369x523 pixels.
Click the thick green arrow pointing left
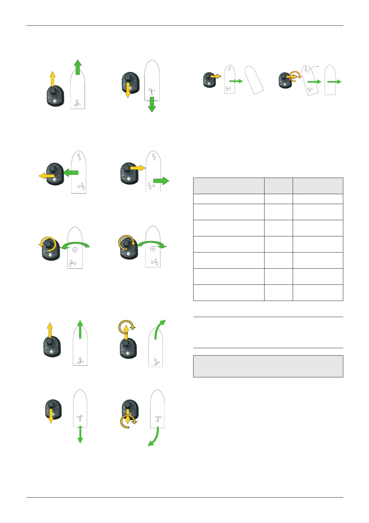point(71,172)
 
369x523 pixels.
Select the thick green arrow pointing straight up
point(78,67)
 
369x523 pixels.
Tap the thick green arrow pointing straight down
point(152,104)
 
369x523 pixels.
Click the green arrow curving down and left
point(154,438)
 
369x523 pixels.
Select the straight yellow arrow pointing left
point(46,176)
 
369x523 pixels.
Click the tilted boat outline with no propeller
point(254,80)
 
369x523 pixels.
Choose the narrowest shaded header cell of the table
point(278,186)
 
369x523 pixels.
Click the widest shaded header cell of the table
point(229,186)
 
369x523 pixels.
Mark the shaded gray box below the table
point(268,366)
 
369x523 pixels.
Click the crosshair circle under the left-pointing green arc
point(75,249)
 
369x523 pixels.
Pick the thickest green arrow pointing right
point(161,181)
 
